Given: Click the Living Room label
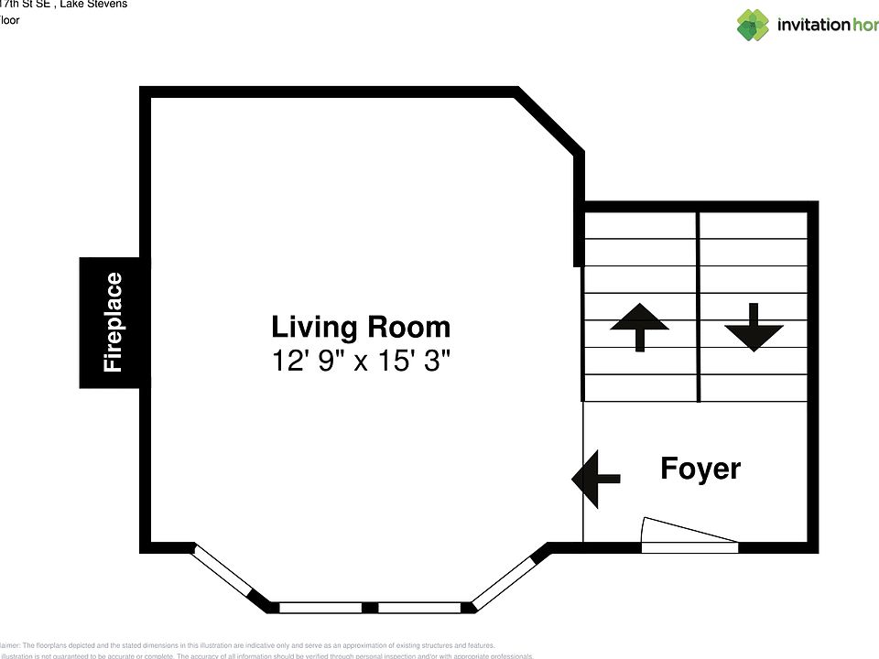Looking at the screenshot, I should pos(361,328).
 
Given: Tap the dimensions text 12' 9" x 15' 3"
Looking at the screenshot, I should pos(361,362).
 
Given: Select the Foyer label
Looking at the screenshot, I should pos(700,469).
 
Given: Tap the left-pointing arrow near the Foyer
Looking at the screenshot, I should pos(595,478).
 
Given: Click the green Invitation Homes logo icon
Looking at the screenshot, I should pos(753,25).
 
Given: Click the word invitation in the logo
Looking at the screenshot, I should pos(813,25).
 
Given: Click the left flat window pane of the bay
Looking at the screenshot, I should pos(320,607).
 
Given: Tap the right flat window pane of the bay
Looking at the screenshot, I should pos(419,607).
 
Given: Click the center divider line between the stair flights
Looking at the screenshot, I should pos(699,307).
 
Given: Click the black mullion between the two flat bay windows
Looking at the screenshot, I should pos(369,607).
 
